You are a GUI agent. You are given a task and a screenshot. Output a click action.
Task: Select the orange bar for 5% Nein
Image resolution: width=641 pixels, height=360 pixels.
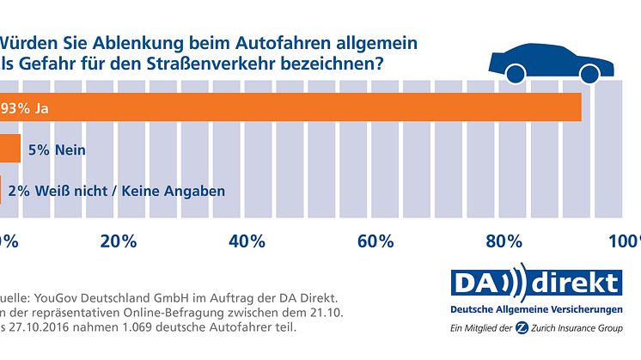click(9, 149)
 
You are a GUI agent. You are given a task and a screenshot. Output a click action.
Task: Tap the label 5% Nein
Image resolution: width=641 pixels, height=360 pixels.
click(58, 149)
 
